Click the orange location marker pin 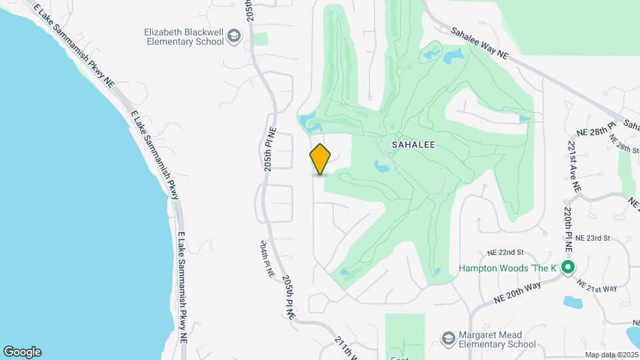click(321, 159)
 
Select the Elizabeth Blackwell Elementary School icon click(233, 35)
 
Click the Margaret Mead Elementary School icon click(449, 339)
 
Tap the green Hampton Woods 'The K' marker click(567, 269)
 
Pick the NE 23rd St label click(593, 238)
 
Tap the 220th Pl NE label click(568, 228)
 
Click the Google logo click(22, 351)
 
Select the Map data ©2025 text click(610, 355)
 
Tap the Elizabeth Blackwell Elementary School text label click(185, 35)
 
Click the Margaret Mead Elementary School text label click(497, 339)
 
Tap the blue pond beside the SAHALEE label click(382, 165)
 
